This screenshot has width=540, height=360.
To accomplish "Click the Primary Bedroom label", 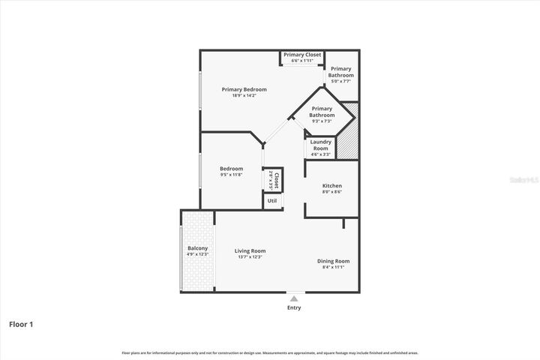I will coord(244,89).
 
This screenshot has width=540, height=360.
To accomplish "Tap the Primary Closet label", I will coord(302,55).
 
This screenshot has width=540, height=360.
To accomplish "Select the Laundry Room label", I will coord(320,145).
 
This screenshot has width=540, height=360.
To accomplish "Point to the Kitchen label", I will coord(332,185).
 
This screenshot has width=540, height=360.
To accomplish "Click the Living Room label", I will coord(250,250).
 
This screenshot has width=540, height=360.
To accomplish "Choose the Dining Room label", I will coord(332,261).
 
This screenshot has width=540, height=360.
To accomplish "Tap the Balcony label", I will coord(197,248).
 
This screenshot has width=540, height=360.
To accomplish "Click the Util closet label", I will coord(272,201).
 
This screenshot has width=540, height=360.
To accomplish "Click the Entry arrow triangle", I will coord(294,298).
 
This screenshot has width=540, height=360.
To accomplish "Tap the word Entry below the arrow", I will coord(294,307).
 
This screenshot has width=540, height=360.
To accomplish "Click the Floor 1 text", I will coord(21,325).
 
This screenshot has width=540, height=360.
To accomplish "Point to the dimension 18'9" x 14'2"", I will coord(244,96).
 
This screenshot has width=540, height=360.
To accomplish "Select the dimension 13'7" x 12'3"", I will coord(250,257).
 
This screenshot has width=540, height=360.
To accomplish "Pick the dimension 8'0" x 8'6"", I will coord(332,192).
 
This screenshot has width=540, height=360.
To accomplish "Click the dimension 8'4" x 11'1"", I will coord(332,267).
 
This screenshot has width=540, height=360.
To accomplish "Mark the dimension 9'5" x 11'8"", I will coord(231,175).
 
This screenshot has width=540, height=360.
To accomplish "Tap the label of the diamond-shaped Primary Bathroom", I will coord(322,112).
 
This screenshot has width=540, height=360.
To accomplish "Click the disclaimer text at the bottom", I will coord(270,352).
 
